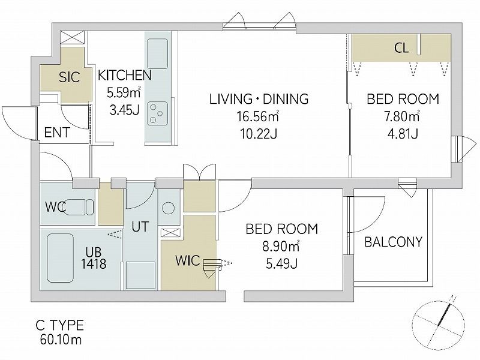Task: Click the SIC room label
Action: (69, 77)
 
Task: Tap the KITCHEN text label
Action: (124, 76)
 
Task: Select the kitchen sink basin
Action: (157, 54)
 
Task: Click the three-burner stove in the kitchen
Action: (157, 113)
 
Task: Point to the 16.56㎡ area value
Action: (257, 116)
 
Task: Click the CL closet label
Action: (401, 48)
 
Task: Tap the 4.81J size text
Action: (403, 133)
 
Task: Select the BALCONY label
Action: (394, 242)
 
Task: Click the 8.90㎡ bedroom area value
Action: (281, 246)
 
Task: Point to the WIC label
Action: (187, 260)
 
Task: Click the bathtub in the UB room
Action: (61, 259)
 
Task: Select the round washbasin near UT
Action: (168, 208)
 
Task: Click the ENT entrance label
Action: (57, 133)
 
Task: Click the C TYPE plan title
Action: (59, 325)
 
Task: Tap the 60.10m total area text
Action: (61, 340)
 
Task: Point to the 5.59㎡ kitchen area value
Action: (124, 93)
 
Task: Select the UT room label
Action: (140, 227)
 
